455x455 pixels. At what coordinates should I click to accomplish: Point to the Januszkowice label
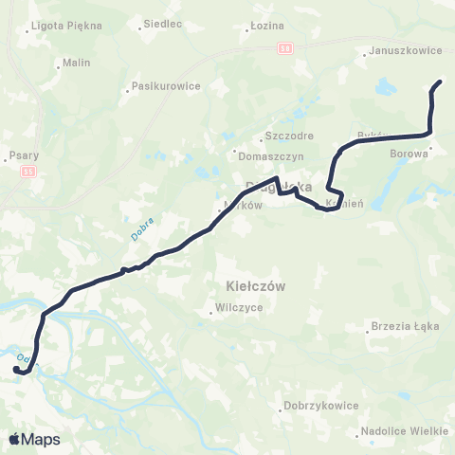pos(396,53)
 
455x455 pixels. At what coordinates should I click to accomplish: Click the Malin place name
pos(75,64)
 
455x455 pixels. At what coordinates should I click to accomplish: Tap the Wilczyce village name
pos(239,307)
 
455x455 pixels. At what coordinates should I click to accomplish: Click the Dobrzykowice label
pos(320,406)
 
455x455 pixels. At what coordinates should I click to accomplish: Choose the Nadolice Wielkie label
pos(402,431)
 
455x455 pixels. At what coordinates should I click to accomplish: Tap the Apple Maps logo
pos(34,439)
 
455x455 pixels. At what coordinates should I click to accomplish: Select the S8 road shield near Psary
pos(29,172)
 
